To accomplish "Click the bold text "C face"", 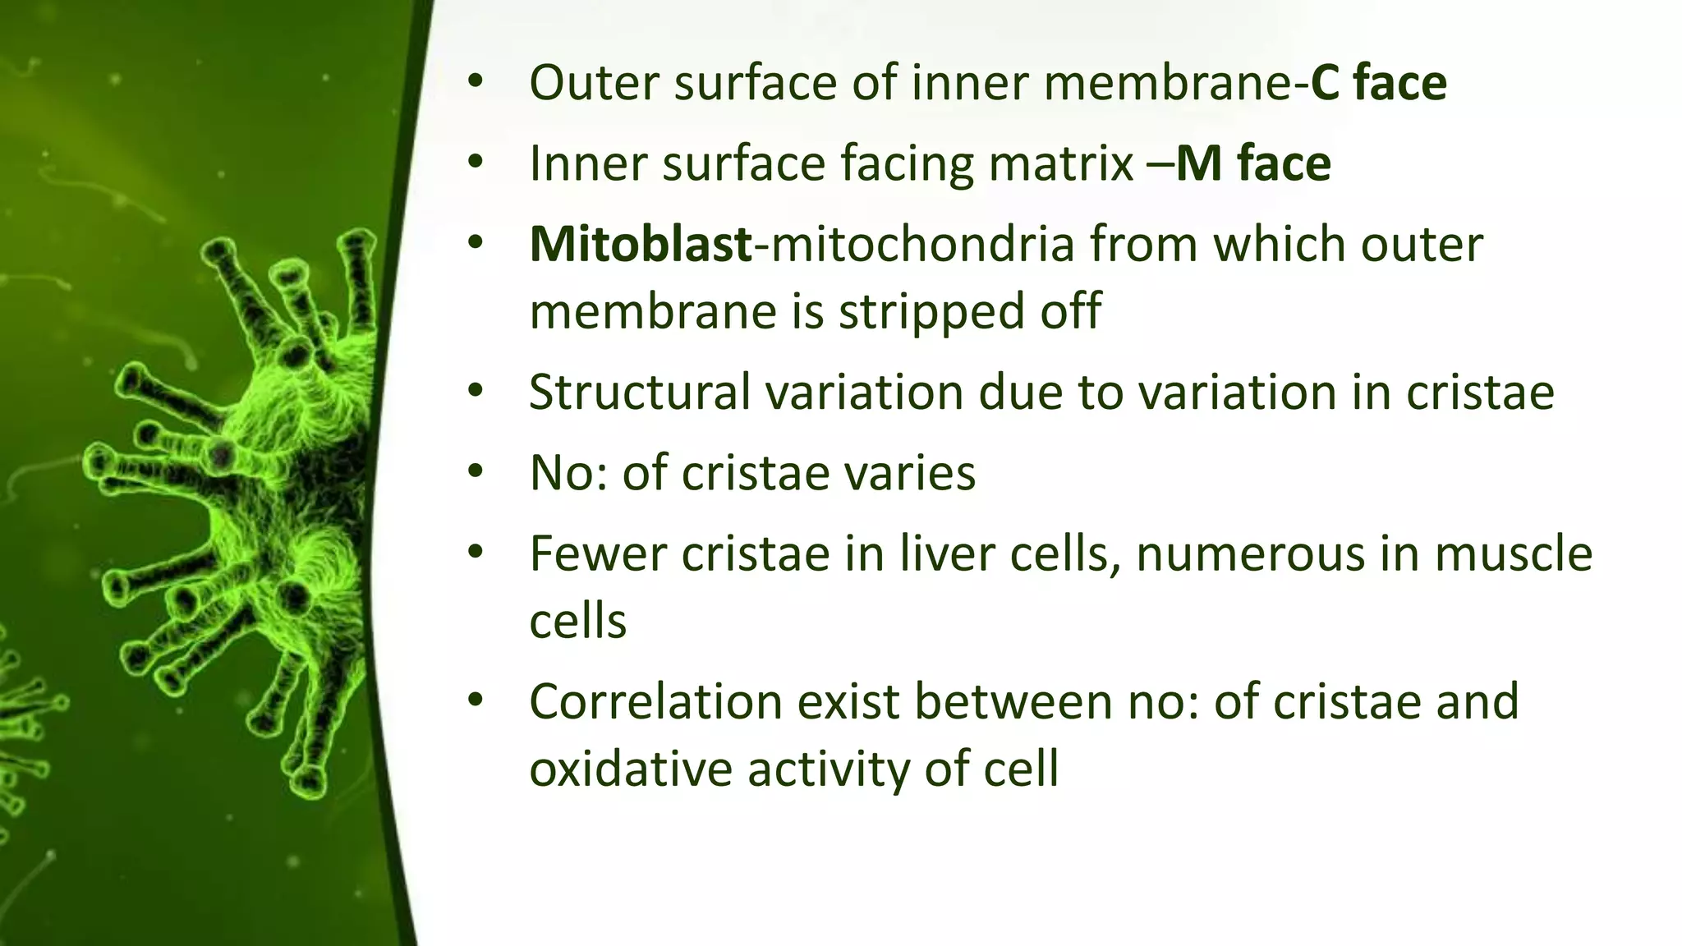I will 1378,83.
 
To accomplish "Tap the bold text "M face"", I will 1253,163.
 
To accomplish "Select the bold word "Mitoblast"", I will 640,244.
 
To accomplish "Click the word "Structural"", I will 639,392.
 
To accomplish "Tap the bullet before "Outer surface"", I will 476,83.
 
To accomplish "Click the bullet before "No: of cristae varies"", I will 476,473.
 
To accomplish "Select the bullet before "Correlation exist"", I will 476,701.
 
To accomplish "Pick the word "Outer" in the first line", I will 595,83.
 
